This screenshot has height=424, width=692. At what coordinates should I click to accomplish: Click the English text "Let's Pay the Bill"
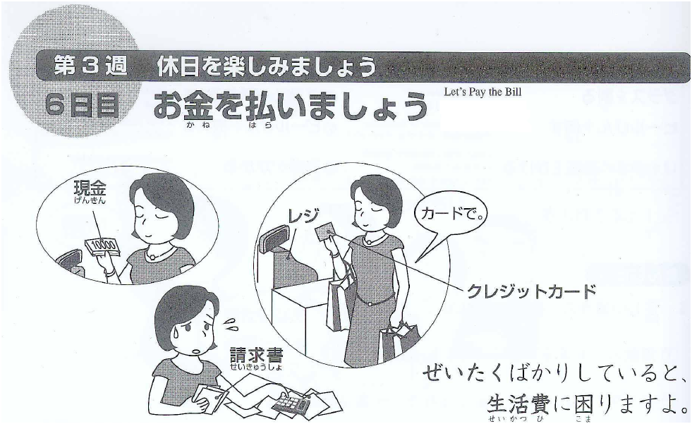pos(482,92)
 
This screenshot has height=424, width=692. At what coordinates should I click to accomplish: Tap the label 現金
pos(90,189)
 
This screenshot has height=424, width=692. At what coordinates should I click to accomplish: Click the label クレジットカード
pos(532,291)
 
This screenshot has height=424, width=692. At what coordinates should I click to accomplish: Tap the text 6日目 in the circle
pos(82,105)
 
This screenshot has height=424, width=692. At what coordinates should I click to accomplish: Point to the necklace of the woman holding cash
pos(154,254)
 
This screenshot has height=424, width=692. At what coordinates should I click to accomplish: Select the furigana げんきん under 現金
pos(90,201)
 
